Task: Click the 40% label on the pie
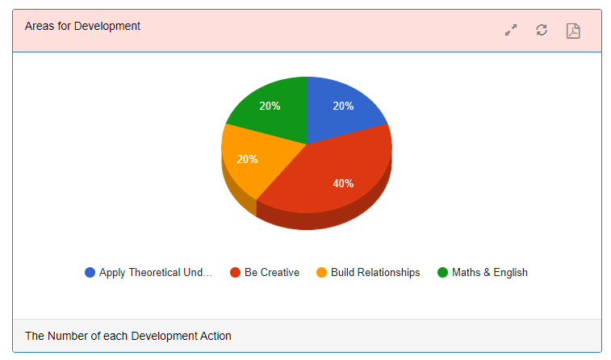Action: [343, 183]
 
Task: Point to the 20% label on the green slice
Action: [270, 106]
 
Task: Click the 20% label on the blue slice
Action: [343, 106]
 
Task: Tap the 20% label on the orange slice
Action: [248, 159]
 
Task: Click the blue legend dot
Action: [90, 272]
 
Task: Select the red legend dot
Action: [236, 272]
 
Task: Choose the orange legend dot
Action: [321, 272]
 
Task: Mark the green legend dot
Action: [442, 272]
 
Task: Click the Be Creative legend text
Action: [272, 272]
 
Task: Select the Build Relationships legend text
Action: [375, 272]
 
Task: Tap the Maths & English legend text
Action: [490, 272]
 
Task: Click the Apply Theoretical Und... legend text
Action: [156, 272]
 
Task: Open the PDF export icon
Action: [573, 31]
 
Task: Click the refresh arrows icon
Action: [542, 30]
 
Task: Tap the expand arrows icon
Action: [511, 30]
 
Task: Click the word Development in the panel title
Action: [107, 26]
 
